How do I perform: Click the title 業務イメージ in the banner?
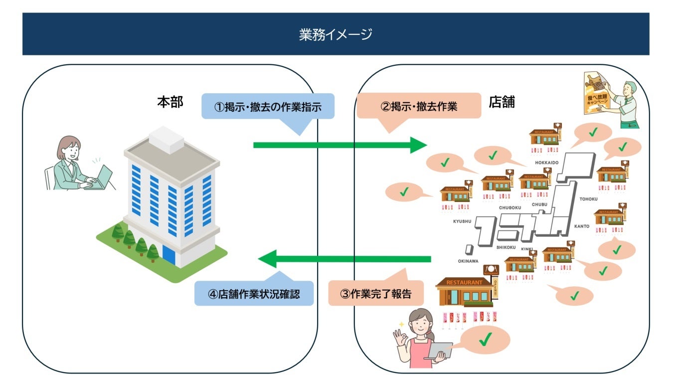coord(336,34)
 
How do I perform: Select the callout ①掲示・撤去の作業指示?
coord(268,106)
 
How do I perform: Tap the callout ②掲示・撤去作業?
coord(419,106)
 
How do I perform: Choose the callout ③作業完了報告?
coord(376,294)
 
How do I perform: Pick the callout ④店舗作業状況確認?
coord(254,294)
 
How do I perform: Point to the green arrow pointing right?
coord(339,145)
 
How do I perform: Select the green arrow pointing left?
coord(344,259)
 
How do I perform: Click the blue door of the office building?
coord(169,255)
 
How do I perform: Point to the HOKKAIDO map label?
coord(546,163)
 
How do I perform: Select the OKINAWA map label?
coord(468,261)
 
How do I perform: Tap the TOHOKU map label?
coord(588,199)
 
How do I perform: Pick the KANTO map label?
coord(581,226)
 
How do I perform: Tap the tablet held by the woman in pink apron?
coord(441,350)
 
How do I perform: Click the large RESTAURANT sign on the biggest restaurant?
coord(464,283)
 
